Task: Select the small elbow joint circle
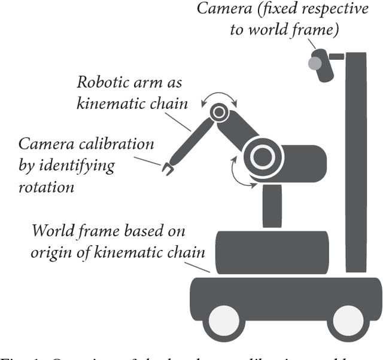[218, 111]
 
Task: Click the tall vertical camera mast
[356, 161]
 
